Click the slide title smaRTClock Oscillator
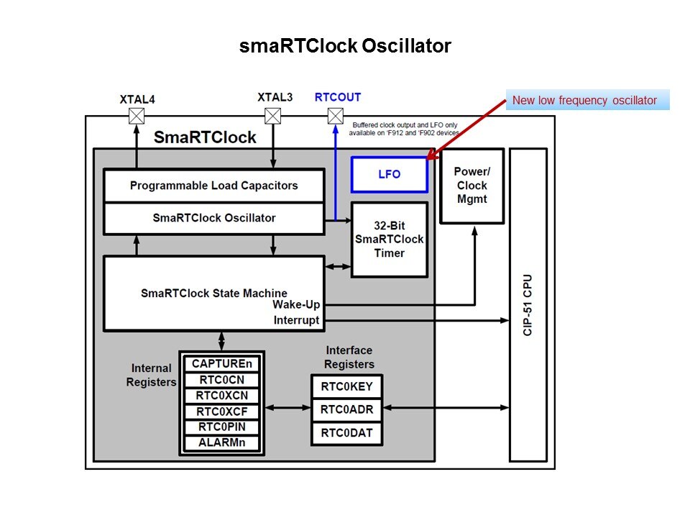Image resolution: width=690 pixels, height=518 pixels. (x=345, y=47)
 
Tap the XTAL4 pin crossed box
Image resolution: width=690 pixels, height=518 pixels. (x=136, y=117)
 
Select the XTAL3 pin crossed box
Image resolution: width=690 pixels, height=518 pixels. (x=273, y=117)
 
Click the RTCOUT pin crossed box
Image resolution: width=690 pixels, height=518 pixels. (x=336, y=117)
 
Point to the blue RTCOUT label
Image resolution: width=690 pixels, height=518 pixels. (x=338, y=97)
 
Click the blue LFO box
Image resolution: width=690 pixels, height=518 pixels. (x=390, y=175)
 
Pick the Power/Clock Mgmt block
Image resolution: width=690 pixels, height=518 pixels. (x=472, y=186)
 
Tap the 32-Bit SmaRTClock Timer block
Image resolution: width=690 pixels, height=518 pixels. (x=390, y=240)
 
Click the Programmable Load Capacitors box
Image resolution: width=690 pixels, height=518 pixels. (x=213, y=186)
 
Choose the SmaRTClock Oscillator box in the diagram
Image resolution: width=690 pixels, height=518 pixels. (x=213, y=218)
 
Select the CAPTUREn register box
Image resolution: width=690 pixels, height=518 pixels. (x=221, y=363)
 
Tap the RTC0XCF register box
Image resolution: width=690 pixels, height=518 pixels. (x=221, y=412)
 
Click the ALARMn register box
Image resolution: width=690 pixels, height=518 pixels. (x=221, y=442)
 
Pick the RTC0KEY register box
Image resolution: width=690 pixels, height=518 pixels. (x=346, y=386)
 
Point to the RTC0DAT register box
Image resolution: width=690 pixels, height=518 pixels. (x=346, y=434)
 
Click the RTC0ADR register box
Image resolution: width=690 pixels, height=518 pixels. (x=346, y=409)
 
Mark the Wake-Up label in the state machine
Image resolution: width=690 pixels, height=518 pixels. (x=296, y=304)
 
